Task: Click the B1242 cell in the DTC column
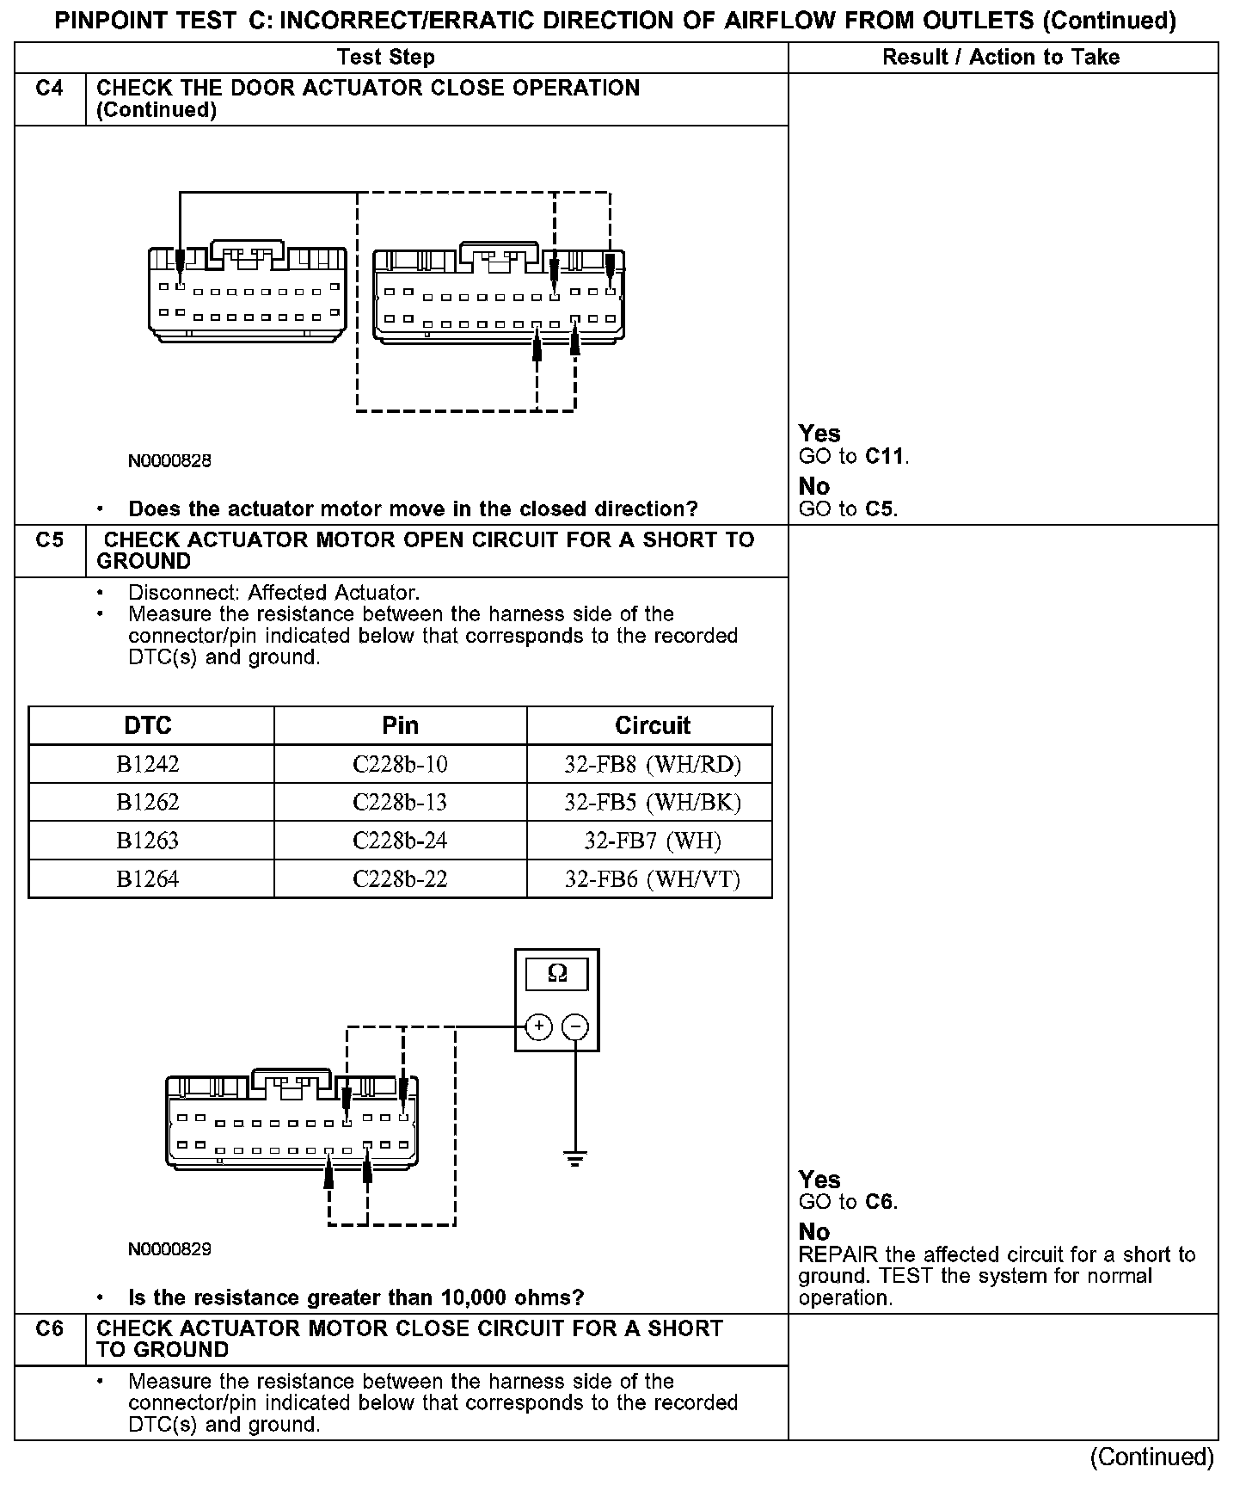click(x=148, y=764)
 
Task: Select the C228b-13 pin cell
click(x=400, y=802)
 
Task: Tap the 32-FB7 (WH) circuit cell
click(x=652, y=841)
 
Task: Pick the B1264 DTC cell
click(x=148, y=878)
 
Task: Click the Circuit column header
click(x=652, y=725)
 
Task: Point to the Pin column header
click(x=400, y=725)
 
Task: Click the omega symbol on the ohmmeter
click(x=557, y=974)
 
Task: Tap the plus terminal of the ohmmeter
click(x=538, y=1026)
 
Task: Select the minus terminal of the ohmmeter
click(x=575, y=1026)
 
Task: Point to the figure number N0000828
click(x=169, y=461)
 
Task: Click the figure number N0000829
click(x=169, y=1249)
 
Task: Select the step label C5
click(x=50, y=540)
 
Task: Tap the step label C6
click(x=50, y=1328)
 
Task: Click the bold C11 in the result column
click(x=885, y=456)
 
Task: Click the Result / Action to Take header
click(x=1001, y=58)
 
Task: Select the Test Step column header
click(x=385, y=58)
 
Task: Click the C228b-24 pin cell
click(x=400, y=841)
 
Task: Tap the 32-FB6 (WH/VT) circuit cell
click(x=652, y=878)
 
